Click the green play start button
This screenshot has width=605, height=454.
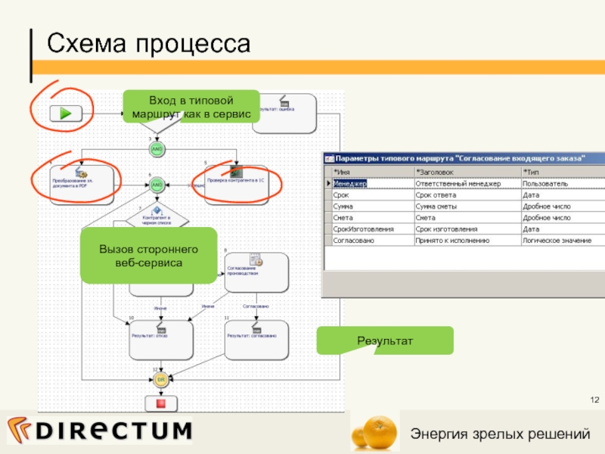(66, 113)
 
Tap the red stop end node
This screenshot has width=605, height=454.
(160, 403)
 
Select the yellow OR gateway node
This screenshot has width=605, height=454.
(160, 378)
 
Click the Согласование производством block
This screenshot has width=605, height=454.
(256, 270)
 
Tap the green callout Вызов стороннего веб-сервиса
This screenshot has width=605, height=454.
(138, 255)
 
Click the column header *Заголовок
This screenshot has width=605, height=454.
(466, 173)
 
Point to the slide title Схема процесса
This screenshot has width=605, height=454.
(148, 44)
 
